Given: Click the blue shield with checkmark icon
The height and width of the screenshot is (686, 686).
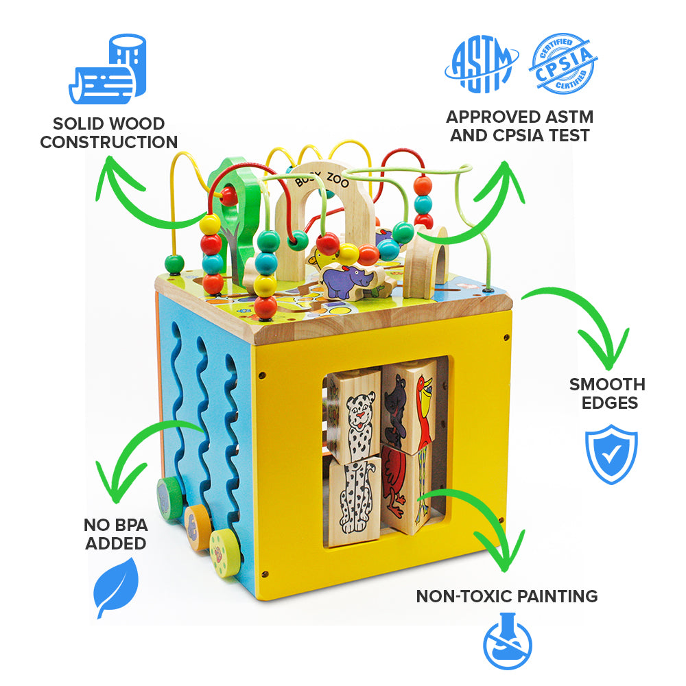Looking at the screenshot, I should tap(611, 453).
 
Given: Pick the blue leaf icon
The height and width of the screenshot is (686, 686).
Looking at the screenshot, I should tap(117, 587).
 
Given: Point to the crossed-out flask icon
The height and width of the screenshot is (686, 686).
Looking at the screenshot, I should tap(508, 641).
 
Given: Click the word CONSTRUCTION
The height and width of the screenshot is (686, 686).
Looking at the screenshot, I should tap(108, 142).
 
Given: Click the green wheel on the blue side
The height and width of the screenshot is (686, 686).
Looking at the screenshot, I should tap(169, 499).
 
